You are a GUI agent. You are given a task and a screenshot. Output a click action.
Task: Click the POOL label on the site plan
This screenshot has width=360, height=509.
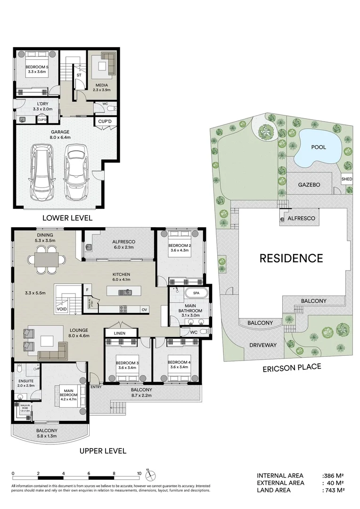(319, 147)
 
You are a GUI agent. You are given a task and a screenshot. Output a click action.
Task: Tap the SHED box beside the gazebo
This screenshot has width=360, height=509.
(346, 180)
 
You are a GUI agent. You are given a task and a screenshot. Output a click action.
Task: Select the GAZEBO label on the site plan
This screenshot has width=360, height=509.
(309, 185)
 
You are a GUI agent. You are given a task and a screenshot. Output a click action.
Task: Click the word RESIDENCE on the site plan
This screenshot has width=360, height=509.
(291, 258)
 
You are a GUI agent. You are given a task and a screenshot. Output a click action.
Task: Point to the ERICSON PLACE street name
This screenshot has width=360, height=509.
(292, 367)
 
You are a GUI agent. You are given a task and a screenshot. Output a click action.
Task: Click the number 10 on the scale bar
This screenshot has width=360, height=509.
(139, 474)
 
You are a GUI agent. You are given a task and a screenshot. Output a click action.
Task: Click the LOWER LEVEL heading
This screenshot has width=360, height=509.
(67, 218)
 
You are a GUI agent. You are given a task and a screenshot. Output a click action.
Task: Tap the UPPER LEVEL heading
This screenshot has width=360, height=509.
(102, 451)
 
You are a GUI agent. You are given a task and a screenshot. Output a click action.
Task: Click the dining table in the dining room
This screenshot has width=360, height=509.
(46, 260)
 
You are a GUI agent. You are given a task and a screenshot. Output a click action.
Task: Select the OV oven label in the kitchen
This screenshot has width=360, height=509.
(145, 310)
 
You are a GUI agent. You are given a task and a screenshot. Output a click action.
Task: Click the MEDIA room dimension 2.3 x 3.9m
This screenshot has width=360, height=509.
(101, 90)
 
